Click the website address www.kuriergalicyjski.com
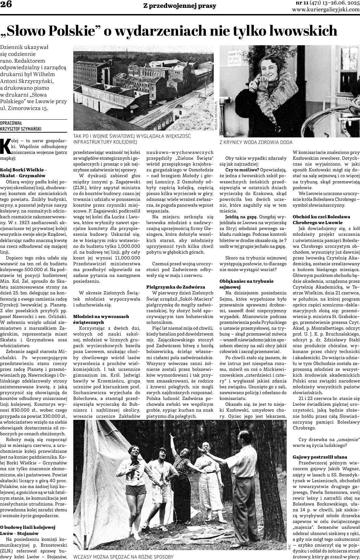pyautogui.click(x=326, y=10)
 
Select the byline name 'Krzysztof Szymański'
pyautogui.click(x=21, y=129)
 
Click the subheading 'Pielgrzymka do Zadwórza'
pyautogui.click(x=175, y=287)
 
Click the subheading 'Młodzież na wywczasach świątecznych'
pyautogui.click(x=101, y=319)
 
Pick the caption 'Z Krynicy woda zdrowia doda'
pyautogui.click(x=256, y=142)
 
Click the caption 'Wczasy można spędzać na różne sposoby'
pyautogui.click(x=123, y=557)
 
